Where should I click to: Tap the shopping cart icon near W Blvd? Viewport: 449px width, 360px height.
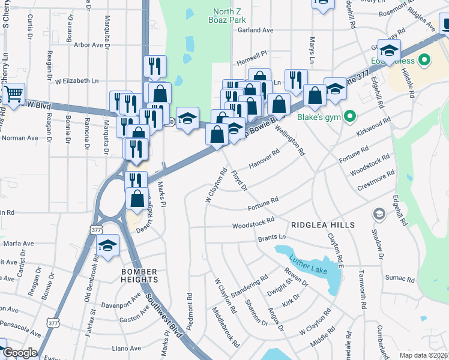(x=13, y=94)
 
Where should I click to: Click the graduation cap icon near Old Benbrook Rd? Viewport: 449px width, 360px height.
(x=108, y=245)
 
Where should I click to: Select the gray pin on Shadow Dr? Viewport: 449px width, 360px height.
(x=379, y=214)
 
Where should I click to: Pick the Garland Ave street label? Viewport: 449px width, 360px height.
(x=255, y=30)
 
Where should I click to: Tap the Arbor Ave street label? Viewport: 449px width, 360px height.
(x=88, y=45)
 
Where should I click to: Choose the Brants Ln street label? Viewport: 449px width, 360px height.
(x=273, y=238)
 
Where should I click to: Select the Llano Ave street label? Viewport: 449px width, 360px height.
(x=127, y=348)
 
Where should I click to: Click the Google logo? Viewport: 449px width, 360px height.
(x=20, y=353)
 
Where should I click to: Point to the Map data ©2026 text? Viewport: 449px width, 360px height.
(x=423, y=355)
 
